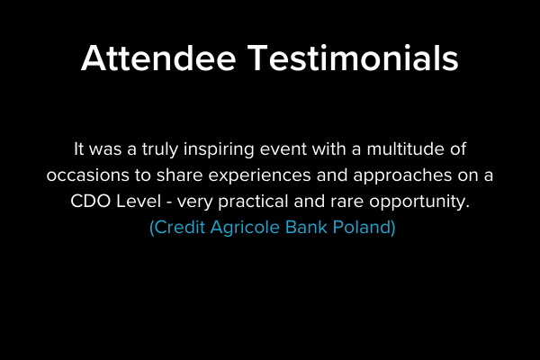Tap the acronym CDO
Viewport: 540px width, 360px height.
coord(90,202)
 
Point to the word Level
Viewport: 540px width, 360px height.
coord(140,202)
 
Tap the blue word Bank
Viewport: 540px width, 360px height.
coord(299,228)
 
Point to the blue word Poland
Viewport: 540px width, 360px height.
coord(360,228)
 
